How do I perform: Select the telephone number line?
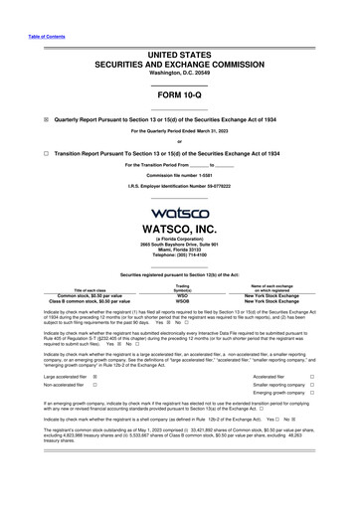click(180, 257)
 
